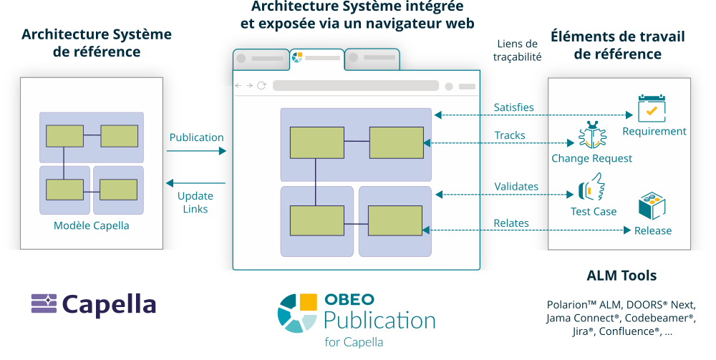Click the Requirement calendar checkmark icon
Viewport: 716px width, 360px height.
652,108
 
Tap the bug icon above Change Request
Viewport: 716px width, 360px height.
592,135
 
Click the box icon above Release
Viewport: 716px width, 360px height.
652,205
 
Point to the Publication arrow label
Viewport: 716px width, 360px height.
196,137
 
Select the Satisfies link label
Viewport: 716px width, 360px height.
513,107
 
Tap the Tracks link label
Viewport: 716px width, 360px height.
510,135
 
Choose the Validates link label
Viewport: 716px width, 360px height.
516,187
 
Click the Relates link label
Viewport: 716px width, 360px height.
511,223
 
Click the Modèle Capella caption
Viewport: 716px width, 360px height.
92,225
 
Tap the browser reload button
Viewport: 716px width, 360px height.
261,86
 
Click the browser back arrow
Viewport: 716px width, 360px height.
238,86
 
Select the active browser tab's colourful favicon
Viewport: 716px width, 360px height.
298,57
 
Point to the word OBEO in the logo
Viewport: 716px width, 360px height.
349,300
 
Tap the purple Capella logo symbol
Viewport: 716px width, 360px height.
43,303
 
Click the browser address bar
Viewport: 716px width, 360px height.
355,86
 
